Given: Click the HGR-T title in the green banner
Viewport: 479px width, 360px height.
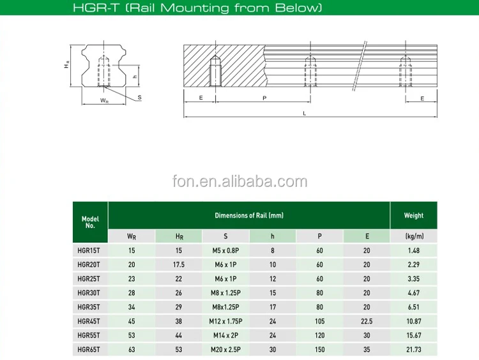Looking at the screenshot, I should click(240, 8).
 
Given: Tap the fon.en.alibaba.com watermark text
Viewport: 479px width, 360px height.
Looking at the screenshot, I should click(240, 182).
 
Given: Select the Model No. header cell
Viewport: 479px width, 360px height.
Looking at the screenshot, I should click(90, 221).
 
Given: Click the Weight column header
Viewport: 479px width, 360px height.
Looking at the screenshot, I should click(414, 216).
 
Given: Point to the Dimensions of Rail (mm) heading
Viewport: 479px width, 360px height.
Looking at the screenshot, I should click(249, 216).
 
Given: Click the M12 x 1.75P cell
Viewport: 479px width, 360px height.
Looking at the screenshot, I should click(225, 321).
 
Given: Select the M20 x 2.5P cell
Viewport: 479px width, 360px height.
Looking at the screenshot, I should click(225, 350).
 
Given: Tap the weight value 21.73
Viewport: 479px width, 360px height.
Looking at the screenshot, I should click(414, 350).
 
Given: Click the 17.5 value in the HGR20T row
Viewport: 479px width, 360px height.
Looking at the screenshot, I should click(178, 264).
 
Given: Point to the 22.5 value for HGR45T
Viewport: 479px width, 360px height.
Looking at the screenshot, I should click(367, 321).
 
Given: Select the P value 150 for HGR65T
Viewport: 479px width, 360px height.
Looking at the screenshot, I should click(319, 350).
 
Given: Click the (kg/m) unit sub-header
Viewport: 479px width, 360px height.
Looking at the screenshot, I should click(414, 236).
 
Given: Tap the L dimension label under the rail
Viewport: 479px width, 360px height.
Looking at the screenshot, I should click(304, 114).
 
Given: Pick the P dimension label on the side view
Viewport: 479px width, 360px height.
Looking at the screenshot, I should click(264, 98).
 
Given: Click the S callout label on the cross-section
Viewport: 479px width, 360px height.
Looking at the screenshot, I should click(139, 98).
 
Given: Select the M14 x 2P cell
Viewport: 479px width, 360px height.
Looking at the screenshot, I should click(225, 335).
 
